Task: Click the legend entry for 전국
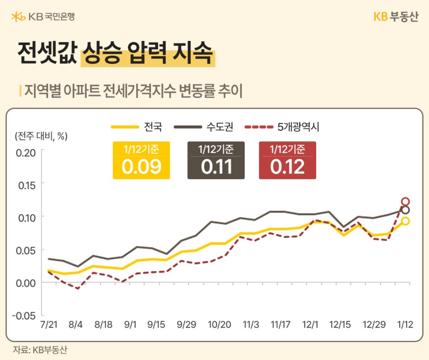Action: tap(136, 127)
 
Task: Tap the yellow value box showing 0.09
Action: tap(141, 160)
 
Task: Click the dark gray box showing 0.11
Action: tap(216, 160)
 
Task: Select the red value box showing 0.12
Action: tap(287, 160)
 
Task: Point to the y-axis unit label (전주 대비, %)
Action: tap(41, 136)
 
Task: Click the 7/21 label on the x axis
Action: tap(48, 325)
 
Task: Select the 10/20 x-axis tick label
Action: tap(219, 325)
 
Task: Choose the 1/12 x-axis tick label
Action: tap(405, 325)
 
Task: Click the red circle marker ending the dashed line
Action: tap(405, 202)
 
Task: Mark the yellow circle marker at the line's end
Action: tap(405, 221)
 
